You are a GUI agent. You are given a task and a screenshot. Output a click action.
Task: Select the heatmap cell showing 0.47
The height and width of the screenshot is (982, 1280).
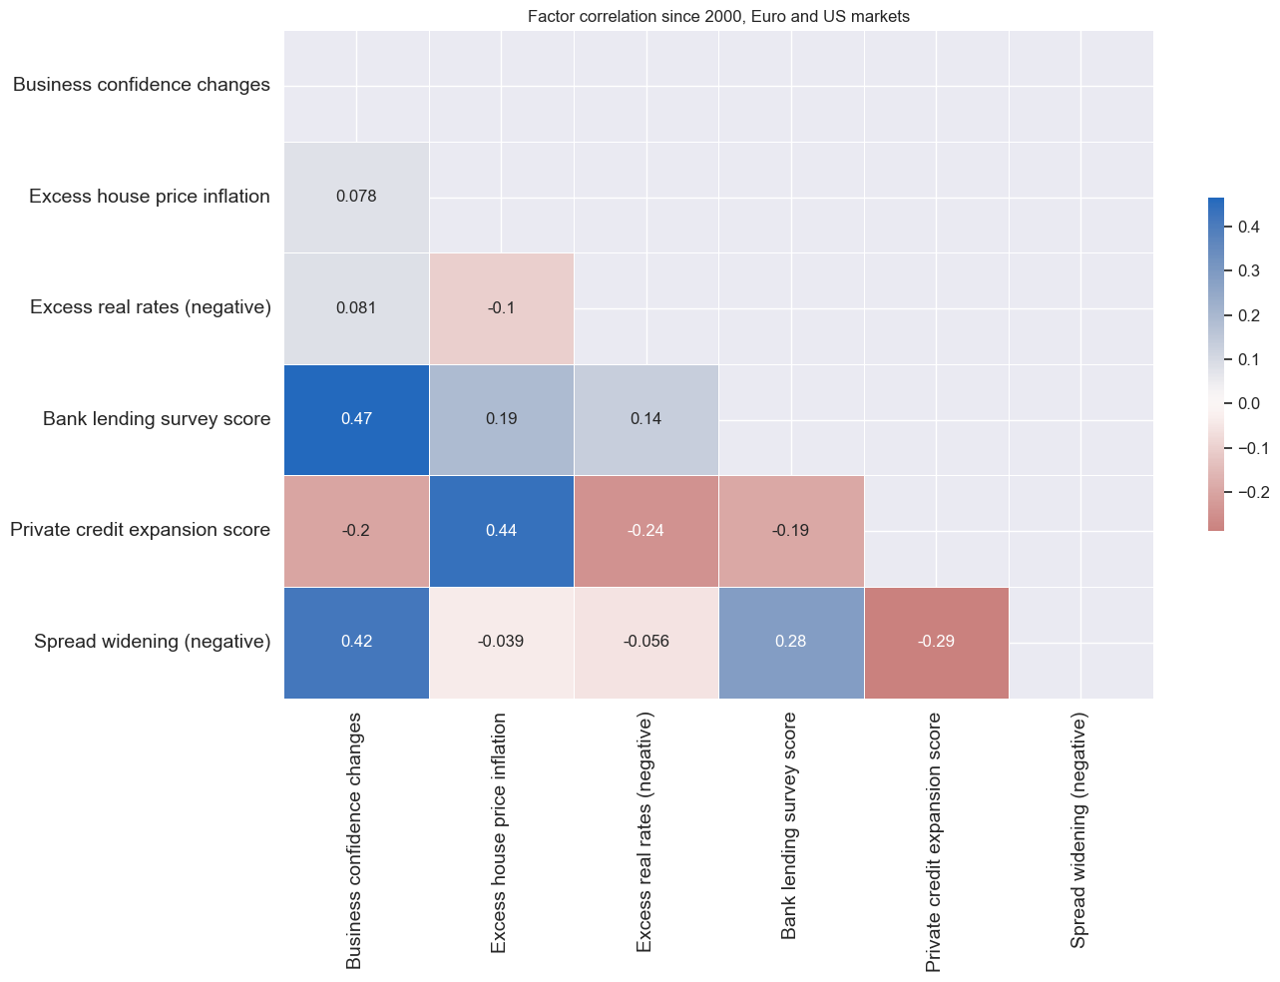point(356,419)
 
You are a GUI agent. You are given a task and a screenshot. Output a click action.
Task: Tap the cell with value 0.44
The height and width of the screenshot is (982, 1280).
point(501,530)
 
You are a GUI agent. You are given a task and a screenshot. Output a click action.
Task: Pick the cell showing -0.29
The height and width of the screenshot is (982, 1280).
point(936,642)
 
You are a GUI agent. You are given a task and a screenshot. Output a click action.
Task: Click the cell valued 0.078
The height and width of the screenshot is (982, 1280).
point(356,197)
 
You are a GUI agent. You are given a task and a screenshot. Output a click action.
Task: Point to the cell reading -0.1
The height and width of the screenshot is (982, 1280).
point(501,307)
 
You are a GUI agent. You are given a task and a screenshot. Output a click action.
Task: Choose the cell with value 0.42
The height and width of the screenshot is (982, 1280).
point(356,642)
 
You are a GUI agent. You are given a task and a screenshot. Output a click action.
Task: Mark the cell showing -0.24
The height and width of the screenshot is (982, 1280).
point(645,530)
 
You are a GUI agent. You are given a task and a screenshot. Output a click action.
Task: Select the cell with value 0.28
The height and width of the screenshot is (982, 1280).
point(790,642)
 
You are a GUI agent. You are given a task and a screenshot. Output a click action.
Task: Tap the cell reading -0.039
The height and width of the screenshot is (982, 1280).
point(501,642)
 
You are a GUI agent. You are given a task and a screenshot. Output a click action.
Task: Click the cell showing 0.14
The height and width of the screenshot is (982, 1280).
point(645,419)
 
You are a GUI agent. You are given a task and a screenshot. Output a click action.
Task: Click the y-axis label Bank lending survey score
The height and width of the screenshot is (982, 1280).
point(157,419)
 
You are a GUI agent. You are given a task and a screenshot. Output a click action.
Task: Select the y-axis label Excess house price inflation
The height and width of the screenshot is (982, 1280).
point(150,197)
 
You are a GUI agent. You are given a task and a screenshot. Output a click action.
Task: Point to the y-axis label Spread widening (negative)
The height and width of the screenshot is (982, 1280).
point(152,642)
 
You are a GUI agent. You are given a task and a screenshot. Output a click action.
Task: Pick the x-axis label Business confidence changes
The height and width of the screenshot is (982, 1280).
point(354,841)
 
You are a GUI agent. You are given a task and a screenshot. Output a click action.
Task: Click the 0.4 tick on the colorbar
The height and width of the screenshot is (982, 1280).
point(1247,228)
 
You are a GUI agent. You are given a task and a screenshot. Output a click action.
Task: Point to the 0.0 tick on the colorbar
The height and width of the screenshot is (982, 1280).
point(1247,403)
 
